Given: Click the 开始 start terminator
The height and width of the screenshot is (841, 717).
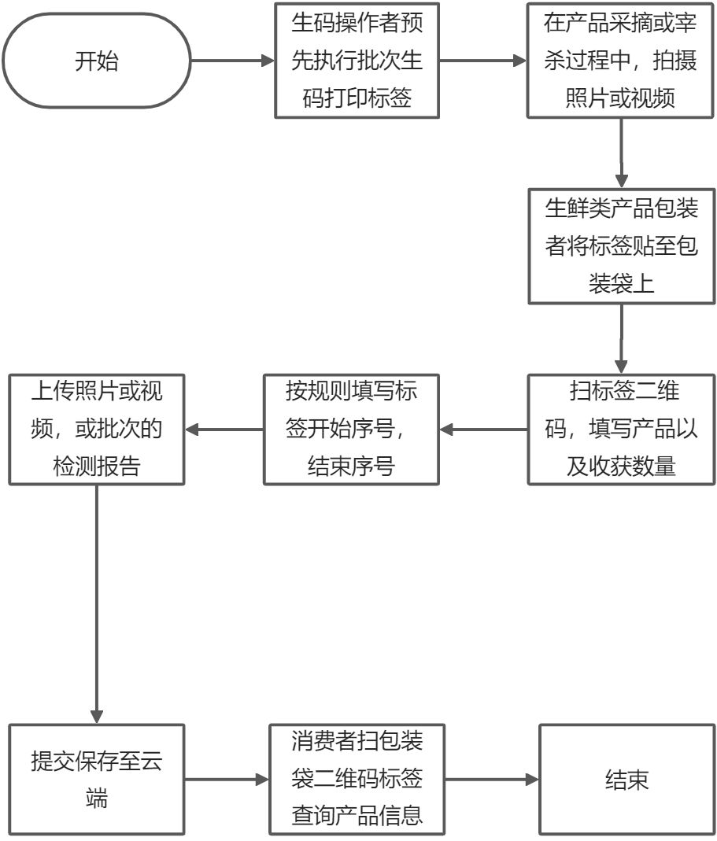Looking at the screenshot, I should click(97, 61).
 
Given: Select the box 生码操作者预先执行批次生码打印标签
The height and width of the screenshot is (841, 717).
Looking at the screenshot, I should click(357, 61).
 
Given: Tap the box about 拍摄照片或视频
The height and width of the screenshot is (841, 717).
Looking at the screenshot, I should click(621, 61).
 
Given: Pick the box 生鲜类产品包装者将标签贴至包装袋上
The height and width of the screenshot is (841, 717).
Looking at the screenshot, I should click(621, 246).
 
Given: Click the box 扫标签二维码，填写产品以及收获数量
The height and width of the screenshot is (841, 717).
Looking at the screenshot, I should click(621, 429).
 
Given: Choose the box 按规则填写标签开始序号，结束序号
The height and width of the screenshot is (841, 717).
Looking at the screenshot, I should click(351, 429).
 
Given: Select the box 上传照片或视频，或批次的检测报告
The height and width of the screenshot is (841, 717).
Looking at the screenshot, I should click(97, 429).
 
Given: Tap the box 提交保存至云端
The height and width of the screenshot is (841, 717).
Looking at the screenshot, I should click(97, 780).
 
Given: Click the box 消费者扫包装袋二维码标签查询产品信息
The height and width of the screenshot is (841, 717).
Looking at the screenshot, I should click(357, 780).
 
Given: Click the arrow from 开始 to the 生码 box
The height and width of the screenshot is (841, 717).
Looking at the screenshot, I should click(232, 61).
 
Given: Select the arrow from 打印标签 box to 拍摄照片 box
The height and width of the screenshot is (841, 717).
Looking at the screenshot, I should click(482, 61).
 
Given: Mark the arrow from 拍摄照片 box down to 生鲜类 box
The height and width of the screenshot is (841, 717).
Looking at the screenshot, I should click(622, 153).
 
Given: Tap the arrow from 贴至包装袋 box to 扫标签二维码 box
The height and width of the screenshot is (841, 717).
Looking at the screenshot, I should click(622, 338).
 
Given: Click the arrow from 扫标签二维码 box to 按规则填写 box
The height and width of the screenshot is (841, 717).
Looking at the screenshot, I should click(483, 430).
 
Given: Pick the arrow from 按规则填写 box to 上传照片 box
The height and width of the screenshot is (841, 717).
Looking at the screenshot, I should click(224, 430).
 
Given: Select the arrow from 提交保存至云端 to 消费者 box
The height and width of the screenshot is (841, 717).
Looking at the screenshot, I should click(227, 780).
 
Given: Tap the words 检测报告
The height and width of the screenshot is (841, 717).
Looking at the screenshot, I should click(97, 466).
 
